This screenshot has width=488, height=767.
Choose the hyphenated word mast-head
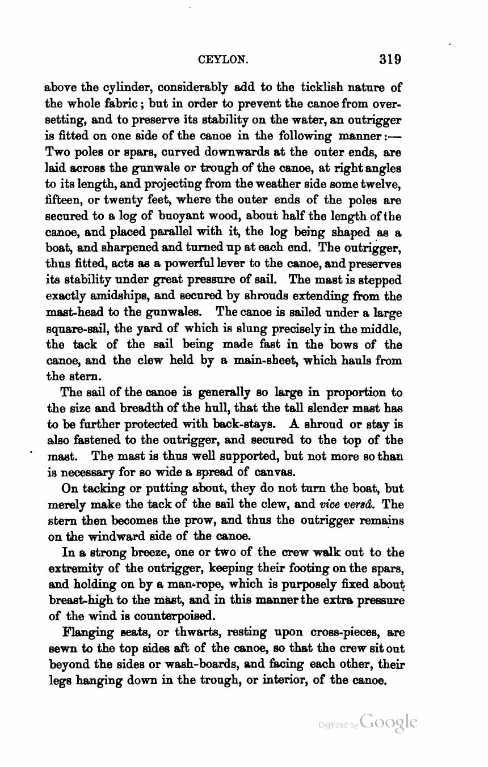[x=70, y=312]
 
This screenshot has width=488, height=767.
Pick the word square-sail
[x=72, y=329]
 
